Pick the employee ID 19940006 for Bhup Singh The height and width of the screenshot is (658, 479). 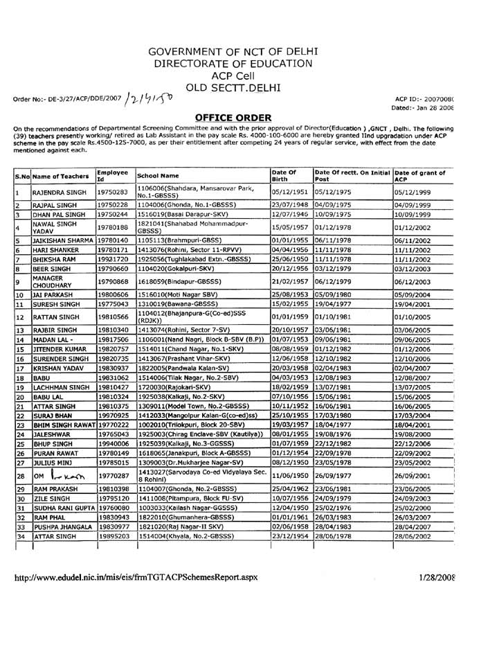113,439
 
